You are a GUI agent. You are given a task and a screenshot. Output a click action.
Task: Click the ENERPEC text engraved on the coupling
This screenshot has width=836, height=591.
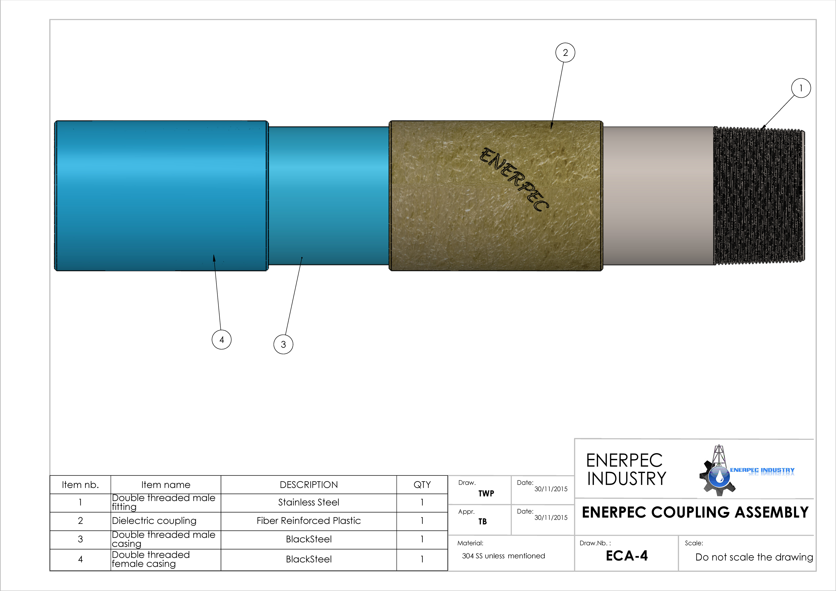[514, 179]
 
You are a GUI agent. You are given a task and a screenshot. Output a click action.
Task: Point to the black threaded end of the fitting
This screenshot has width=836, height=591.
[759, 196]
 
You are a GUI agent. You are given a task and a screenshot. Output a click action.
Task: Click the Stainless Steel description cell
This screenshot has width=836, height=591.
[309, 503]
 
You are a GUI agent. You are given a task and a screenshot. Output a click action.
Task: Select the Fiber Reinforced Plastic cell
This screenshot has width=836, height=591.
[309, 521]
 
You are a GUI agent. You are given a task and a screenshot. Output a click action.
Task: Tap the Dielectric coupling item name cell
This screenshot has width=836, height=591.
[166, 521]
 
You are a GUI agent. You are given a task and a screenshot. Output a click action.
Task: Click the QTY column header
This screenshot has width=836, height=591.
[422, 485]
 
